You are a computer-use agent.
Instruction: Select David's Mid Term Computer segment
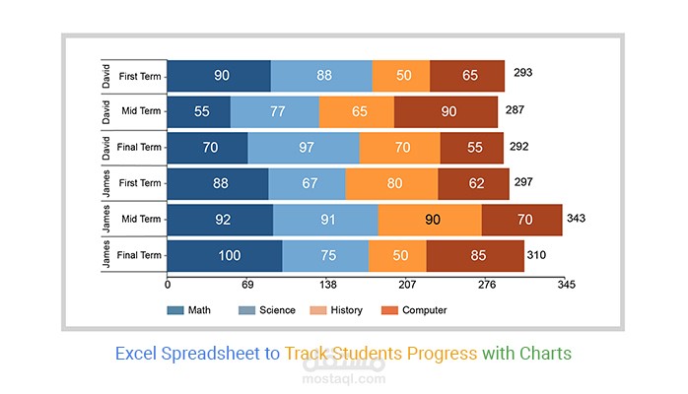click(447, 111)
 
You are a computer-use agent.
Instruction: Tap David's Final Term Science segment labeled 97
click(304, 148)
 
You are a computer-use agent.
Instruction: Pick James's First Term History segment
click(391, 183)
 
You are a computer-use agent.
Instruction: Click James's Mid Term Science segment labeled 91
click(325, 220)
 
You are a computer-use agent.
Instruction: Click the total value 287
click(515, 110)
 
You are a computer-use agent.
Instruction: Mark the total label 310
click(536, 255)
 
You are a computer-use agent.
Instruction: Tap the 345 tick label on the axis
click(566, 286)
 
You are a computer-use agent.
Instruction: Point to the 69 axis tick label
click(248, 286)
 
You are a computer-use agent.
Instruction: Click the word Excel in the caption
click(136, 353)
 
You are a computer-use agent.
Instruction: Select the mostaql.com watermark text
click(343, 381)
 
